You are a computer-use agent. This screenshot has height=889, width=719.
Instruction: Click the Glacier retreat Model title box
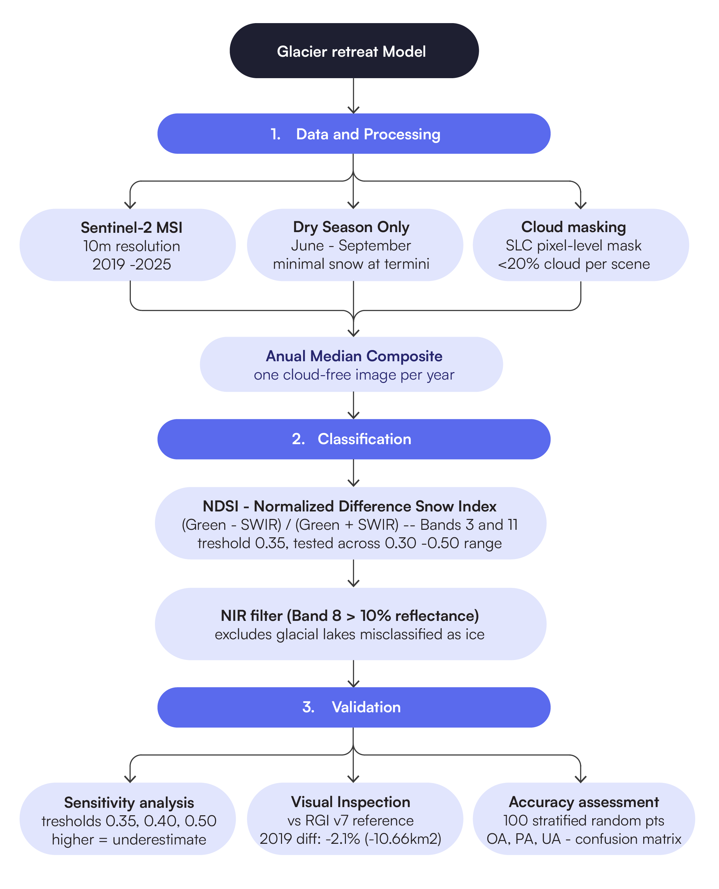pos(354,51)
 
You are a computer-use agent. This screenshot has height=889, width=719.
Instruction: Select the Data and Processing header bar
pos(354,134)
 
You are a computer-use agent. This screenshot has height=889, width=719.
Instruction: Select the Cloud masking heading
pos(573,227)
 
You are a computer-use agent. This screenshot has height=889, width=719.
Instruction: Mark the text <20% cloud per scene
pos(573,264)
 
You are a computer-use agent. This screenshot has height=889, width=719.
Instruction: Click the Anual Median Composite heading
pos(354,356)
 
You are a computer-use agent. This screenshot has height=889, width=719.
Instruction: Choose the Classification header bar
pos(354,439)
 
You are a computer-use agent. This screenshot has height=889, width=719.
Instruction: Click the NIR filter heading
pos(350,615)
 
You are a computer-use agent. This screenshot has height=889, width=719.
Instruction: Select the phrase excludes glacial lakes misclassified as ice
pos(350,634)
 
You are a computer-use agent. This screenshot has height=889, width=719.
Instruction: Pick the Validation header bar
pos(354,707)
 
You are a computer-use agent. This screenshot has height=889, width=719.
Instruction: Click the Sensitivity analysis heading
pos(129,803)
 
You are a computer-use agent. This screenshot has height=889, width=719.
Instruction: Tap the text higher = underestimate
pos(129,840)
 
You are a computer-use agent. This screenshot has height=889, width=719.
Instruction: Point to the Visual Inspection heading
pos(350,802)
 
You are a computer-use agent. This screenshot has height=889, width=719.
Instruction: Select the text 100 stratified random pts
pos(583,821)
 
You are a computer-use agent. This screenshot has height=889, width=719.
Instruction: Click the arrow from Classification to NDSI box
pos(353,473)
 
